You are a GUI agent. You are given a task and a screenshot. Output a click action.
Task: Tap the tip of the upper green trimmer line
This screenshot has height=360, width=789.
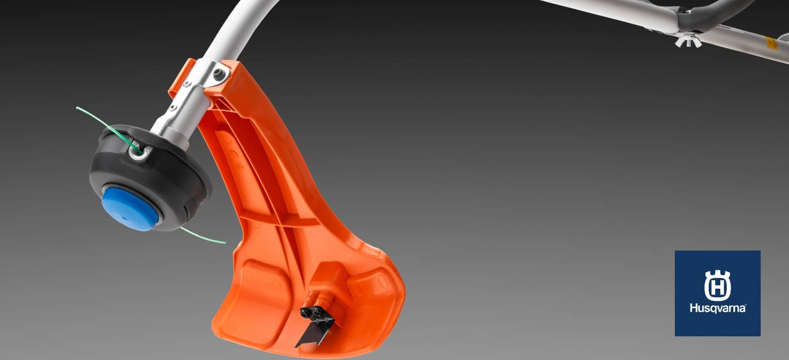pyautogui.click(x=77, y=108)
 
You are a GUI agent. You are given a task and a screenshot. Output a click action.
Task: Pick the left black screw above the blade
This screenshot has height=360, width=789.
pyautogui.click(x=306, y=312)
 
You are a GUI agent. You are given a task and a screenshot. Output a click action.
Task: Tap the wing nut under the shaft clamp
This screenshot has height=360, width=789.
pyautogui.click(x=687, y=40)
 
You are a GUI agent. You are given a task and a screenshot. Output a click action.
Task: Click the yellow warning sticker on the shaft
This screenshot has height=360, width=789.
pyautogui.click(x=771, y=43)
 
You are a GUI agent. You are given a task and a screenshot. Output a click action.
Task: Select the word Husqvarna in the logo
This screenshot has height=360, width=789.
pyautogui.click(x=718, y=308)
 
